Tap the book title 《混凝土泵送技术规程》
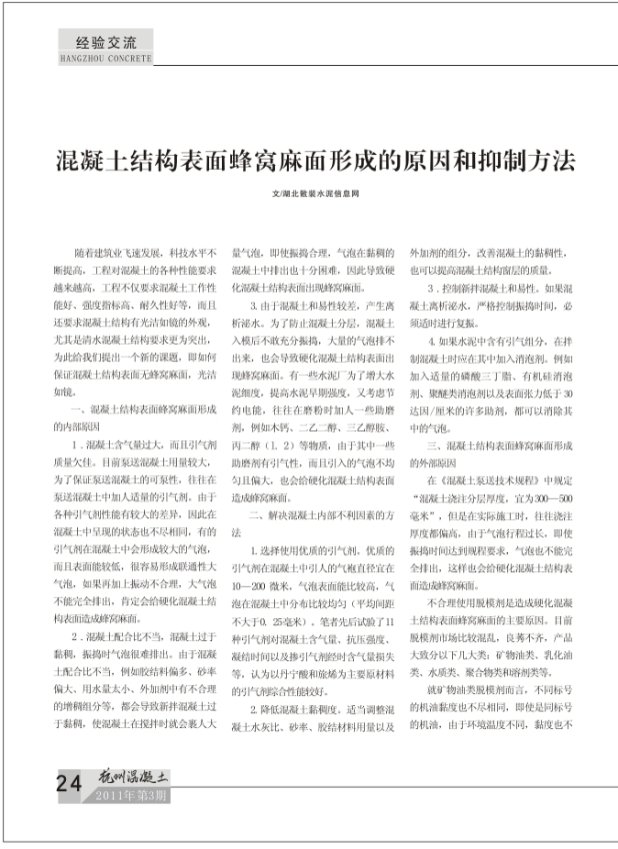click(x=485, y=479)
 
